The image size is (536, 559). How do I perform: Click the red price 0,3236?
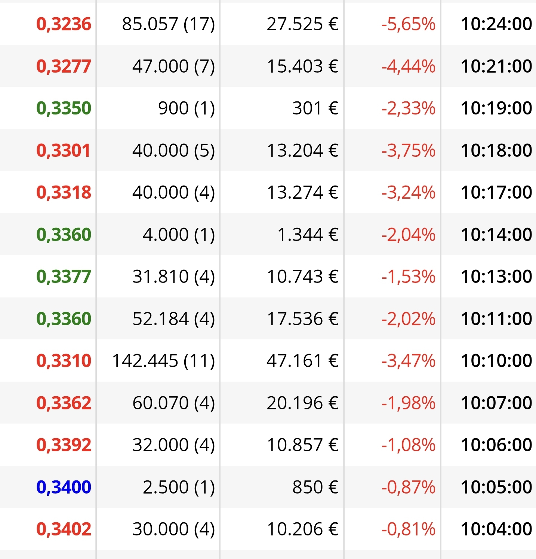64,24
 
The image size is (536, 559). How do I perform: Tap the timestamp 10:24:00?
496,24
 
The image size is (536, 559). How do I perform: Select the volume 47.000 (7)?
174,67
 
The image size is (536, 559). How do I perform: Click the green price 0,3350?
64,108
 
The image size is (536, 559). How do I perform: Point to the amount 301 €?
315,108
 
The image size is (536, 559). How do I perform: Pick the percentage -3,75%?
409,150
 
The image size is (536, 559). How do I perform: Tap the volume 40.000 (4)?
174,193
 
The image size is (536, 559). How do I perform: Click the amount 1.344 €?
308,235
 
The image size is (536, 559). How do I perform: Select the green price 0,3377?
64,277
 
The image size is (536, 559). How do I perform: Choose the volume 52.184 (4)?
174,319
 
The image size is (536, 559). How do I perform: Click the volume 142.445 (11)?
164,361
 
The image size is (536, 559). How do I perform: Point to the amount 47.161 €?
303,361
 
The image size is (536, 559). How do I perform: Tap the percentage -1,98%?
409,403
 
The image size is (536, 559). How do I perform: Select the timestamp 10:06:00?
496,445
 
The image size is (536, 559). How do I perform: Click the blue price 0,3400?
64,487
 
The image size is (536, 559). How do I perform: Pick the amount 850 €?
315,487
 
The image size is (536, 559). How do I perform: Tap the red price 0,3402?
64,529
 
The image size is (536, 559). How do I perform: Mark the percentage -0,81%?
409,529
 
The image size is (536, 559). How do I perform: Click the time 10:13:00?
496,277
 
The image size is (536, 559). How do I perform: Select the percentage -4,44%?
409,66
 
